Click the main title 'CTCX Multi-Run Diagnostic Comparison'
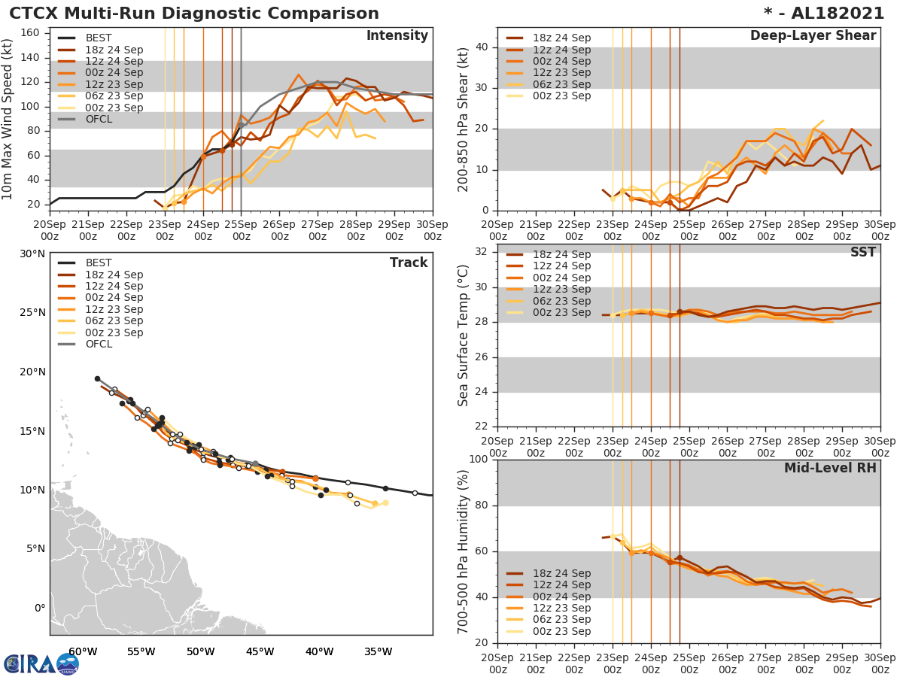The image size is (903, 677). click(194, 14)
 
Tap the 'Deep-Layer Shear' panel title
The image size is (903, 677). click(813, 36)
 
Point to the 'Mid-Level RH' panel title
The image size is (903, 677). click(830, 468)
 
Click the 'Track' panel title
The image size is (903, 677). click(409, 263)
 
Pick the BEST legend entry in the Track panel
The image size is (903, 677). click(99, 263)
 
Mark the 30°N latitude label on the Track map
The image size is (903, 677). click(32, 253)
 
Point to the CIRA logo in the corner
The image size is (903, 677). click(41, 663)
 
